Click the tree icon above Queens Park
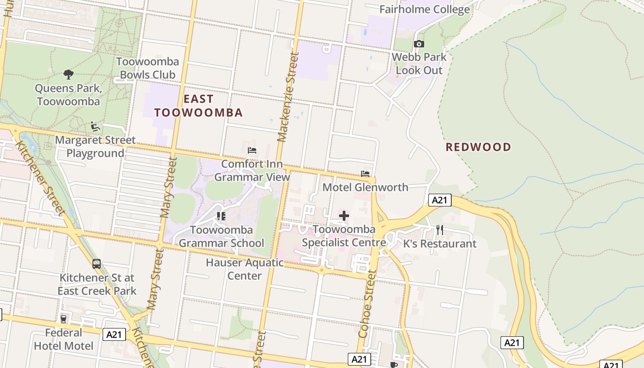pyautogui.click(x=68, y=74)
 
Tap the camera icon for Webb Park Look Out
pyautogui.click(x=419, y=44)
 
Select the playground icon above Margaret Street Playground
pyautogui.click(x=95, y=126)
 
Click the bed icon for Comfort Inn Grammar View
pyautogui.click(x=252, y=150)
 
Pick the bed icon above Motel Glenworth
pyautogui.click(x=365, y=174)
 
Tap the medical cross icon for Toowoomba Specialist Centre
pyautogui.click(x=344, y=215)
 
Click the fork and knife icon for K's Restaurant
pyautogui.click(x=440, y=230)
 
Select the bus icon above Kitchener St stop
pyautogui.click(x=97, y=264)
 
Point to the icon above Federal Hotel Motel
pyautogui.click(x=63, y=319)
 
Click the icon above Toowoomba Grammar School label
pyautogui.click(x=221, y=216)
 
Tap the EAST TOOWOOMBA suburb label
pyautogui.click(x=198, y=106)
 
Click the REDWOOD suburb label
pyautogui.click(x=478, y=147)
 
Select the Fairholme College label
pyautogui.click(x=425, y=9)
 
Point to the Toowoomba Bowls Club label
pyautogui.click(x=147, y=68)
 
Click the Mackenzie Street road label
pyautogui.click(x=289, y=97)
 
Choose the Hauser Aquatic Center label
pyautogui.click(x=245, y=269)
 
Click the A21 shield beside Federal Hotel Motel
pyautogui.click(x=114, y=334)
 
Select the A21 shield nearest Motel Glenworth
pyautogui.click(x=440, y=200)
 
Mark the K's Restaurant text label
pyautogui.click(x=440, y=244)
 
